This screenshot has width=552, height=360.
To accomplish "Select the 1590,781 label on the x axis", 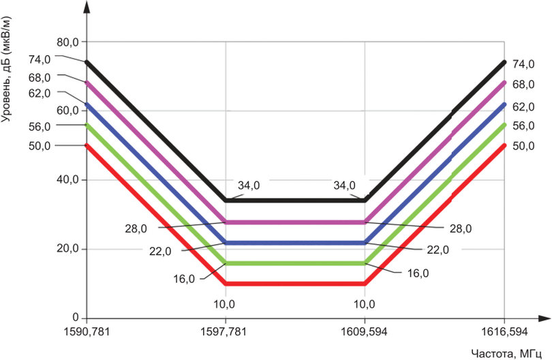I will coord(86,331).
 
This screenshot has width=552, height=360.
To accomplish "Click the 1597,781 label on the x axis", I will coord(226,331).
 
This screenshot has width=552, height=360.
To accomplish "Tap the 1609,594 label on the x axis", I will coord(365,331).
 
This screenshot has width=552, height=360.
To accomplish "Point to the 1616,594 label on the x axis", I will coord(504,331).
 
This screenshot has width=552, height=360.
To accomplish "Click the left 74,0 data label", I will coord(40,60).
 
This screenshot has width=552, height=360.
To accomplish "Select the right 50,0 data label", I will coord(523,146).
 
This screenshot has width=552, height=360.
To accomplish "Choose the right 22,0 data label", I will coord(438,250).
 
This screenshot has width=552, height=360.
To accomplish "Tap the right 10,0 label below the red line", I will coord(365,303).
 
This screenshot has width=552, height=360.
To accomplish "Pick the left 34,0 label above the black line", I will coord(249,185).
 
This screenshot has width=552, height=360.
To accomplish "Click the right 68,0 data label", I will coord(523,85).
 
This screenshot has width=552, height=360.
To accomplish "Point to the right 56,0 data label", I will coord(523,126).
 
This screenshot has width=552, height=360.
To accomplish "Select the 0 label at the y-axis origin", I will coord(76,318).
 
